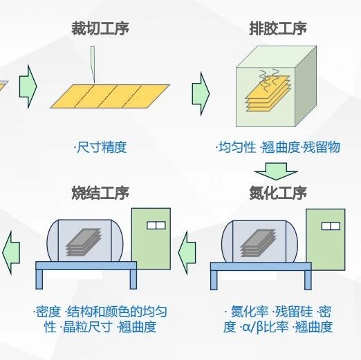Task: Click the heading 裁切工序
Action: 100,28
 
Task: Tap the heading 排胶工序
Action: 278,28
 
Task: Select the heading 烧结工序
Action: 100,193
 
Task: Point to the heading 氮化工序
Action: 278,193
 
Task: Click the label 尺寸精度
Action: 102,147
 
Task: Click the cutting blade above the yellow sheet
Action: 93,64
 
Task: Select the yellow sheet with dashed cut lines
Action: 110,96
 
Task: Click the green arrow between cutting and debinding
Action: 201,94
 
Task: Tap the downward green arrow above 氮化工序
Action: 276,171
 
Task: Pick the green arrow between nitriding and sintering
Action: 187,253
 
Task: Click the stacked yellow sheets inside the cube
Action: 268,94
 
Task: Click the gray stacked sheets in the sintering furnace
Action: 83,242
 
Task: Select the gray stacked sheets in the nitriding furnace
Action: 258,243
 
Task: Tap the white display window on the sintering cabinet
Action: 156,225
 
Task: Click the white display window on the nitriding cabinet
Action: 331,226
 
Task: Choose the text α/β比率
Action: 266,327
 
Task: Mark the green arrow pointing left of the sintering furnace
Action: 11,253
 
